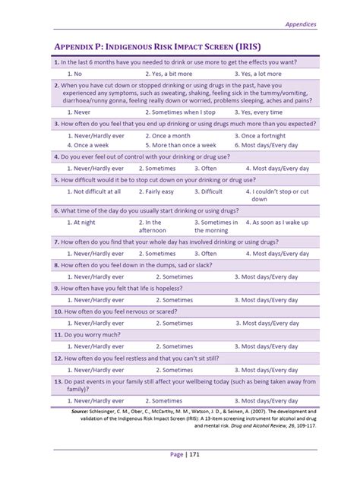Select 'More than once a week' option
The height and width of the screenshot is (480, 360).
coord(181,144)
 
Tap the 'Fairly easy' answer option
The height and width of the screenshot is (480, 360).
coord(159,192)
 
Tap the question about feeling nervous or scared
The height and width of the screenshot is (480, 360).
coord(125,311)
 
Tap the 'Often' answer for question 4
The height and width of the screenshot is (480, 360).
coord(204,169)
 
